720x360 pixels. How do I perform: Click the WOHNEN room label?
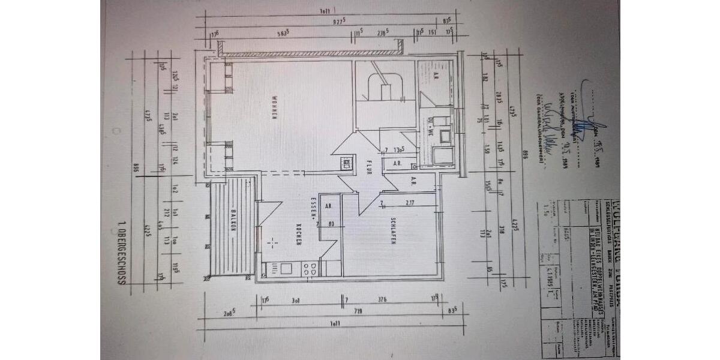click(x=273, y=109)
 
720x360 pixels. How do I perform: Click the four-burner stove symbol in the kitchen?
click(x=312, y=269)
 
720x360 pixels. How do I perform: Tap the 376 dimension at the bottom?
click(x=382, y=299)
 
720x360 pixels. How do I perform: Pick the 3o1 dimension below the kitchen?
click(x=295, y=299)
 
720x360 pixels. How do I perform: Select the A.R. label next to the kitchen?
click(x=328, y=205)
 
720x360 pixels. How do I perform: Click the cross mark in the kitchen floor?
click(x=272, y=242)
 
